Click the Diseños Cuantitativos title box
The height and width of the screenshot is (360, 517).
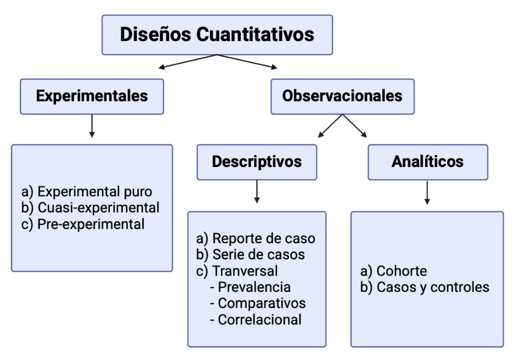(x=217, y=35)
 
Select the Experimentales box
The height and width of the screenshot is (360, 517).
(x=91, y=96)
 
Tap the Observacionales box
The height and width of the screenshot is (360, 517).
(x=342, y=96)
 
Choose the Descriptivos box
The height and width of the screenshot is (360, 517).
(x=256, y=162)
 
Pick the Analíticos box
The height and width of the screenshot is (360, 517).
(x=427, y=162)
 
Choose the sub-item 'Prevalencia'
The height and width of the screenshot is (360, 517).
(x=254, y=287)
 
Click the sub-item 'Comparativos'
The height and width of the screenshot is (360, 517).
(x=262, y=303)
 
